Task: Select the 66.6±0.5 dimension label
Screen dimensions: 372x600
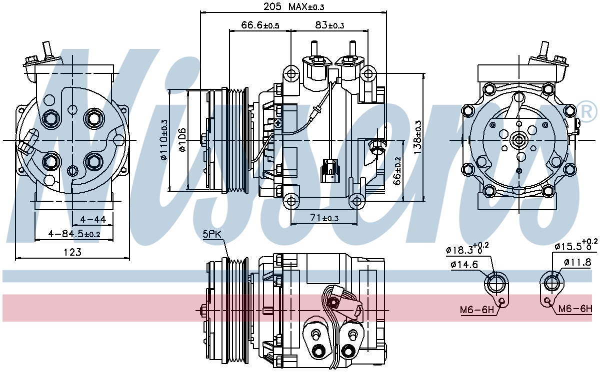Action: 260,25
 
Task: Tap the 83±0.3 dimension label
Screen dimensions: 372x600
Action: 329,25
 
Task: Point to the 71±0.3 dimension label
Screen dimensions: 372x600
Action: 323,218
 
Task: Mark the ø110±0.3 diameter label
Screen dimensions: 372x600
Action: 164,140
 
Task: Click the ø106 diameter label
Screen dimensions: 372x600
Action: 182,140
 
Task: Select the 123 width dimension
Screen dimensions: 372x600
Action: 73,253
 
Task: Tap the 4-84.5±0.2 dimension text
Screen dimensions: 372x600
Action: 74,234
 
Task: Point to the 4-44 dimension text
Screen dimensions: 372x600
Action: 92,219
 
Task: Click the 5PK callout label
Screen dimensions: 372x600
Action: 212,234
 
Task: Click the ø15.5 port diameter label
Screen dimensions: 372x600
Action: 575,246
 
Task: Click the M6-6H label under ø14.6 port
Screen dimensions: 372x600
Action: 476,310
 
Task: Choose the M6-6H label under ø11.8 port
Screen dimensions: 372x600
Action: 575,309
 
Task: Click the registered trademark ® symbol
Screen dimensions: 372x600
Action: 587,111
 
